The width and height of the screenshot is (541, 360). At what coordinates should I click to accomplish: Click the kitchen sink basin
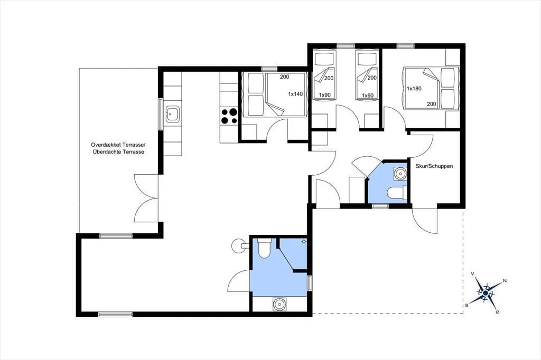(x=172, y=113)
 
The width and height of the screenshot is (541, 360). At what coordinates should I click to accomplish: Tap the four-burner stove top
(x=229, y=116)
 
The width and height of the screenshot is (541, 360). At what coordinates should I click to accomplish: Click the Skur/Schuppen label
(x=434, y=166)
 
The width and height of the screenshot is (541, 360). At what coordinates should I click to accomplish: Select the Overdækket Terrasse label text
(x=118, y=145)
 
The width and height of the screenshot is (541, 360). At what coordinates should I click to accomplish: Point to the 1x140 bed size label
(x=296, y=94)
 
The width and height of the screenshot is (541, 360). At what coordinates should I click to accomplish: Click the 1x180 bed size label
(x=414, y=88)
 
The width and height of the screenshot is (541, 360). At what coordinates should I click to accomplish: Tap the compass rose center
(x=486, y=293)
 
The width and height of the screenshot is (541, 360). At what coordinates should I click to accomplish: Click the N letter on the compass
(x=505, y=281)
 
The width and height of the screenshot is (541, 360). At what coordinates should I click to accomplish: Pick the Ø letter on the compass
(x=497, y=312)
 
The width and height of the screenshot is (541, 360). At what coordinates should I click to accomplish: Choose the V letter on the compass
(x=472, y=274)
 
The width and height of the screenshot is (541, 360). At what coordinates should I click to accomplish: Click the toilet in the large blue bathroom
(x=265, y=248)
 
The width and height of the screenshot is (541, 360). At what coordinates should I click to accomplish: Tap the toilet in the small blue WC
(x=397, y=193)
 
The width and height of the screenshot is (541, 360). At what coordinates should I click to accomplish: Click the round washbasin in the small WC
(x=400, y=174)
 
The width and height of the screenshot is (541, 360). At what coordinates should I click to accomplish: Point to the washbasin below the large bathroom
(x=278, y=304)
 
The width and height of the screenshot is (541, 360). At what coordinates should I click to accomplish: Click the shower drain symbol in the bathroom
(x=304, y=241)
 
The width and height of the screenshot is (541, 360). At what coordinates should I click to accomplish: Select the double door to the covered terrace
(x=146, y=198)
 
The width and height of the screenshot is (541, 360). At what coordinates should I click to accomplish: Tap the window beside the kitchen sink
(x=161, y=114)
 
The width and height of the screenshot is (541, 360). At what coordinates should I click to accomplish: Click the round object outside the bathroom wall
(x=238, y=245)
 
